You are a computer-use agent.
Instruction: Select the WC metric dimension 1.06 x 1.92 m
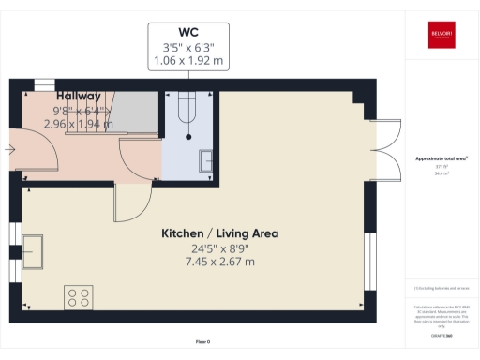pyautogui.click(x=188, y=61)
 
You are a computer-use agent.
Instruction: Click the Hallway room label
pyautogui.click(x=79, y=97)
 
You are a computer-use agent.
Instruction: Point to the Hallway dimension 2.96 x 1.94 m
pyautogui.click(x=80, y=123)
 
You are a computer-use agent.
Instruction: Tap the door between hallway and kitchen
pyautogui.click(x=133, y=202)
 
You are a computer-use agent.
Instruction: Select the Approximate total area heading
pyautogui.click(x=441, y=159)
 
